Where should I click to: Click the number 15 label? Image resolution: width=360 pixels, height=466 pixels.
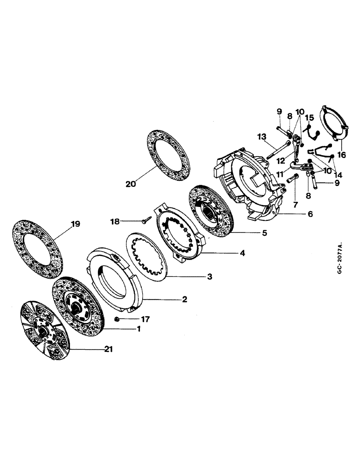(309, 118)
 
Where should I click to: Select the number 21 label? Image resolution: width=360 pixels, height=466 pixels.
(110, 349)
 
